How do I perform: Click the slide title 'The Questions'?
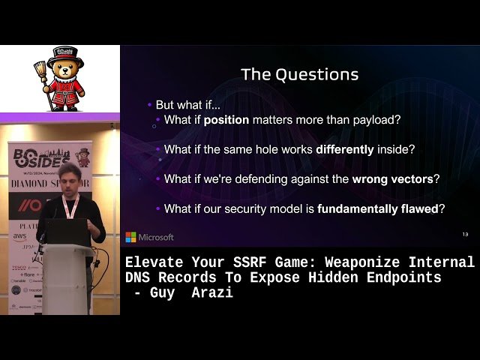tap(299, 74)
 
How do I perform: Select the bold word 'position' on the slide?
tap(226, 119)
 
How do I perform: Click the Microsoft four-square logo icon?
tap(130, 237)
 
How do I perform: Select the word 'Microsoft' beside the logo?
tap(156, 237)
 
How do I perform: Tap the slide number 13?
tap(465, 235)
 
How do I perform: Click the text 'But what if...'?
tap(187, 105)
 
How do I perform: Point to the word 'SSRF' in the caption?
tap(242, 262)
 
